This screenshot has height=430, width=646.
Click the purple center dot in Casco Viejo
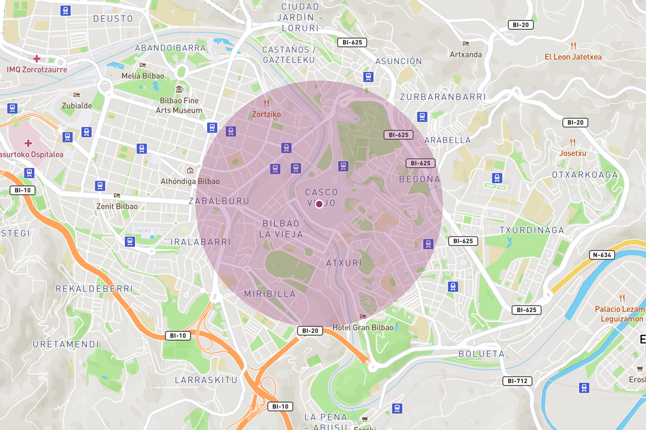pyautogui.click(x=319, y=204)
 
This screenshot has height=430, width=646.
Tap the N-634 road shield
pyautogui.click(x=602, y=255)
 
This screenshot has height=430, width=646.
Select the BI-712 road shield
pyautogui.click(x=517, y=381)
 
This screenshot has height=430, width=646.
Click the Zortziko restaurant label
pyautogui.click(x=266, y=114)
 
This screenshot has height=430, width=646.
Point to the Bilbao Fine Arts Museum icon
pyautogui.click(x=179, y=89)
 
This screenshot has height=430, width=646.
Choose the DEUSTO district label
pyautogui.click(x=113, y=19)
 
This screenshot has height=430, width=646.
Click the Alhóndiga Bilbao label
pyautogui.click(x=190, y=181)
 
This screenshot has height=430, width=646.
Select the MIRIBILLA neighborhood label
pyautogui.click(x=270, y=294)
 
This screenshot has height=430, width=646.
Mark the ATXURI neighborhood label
pyautogui.click(x=344, y=263)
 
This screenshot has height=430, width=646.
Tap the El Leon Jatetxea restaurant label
pyautogui.click(x=573, y=57)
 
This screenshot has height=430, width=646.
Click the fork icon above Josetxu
pyautogui.click(x=573, y=142)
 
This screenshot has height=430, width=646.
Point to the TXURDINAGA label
pyautogui.click(x=532, y=230)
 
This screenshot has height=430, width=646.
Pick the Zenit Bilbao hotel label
pyautogui.click(x=117, y=206)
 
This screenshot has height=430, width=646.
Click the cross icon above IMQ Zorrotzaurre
pyautogui.click(x=36, y=59)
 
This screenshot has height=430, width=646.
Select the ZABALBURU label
pyautogui.click(x=219, y=201)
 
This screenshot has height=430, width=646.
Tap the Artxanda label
pyautogui.click(x=466, y=54)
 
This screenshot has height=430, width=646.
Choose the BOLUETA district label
pyautogui.click(x=481, y=354)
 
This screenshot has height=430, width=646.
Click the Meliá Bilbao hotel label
pyautogui.click(x=143, y=76)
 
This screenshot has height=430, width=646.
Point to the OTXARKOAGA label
pyautogui.click(x=585, y=175)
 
